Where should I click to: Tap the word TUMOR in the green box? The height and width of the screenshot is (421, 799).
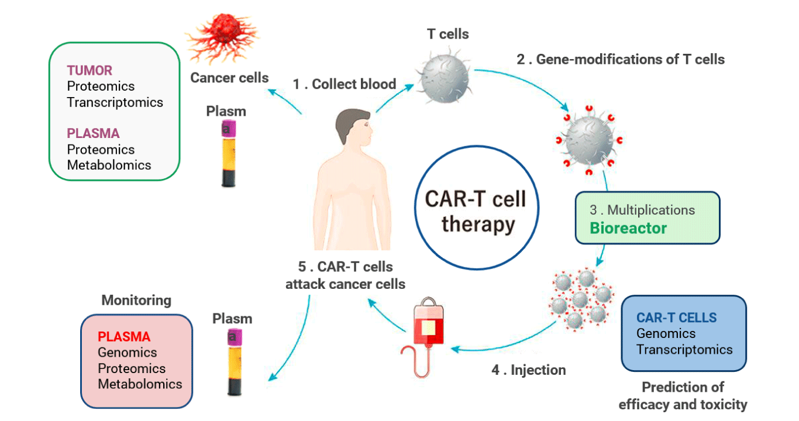[89, 71]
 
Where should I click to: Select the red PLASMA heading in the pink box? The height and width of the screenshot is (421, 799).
[124, 337]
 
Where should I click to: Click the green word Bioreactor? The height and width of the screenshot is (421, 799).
[628, 228]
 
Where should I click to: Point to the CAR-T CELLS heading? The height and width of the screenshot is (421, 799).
[676, 318]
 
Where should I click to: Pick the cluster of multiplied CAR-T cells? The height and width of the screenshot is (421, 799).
[580, 299]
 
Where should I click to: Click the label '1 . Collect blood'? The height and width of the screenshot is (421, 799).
[345, 84]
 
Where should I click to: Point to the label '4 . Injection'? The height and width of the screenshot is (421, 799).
[529, 370]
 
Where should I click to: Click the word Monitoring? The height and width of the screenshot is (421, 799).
[136, 301]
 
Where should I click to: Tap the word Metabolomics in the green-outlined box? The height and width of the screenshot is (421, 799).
[109, 165]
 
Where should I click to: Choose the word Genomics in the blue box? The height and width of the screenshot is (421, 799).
[666, 334]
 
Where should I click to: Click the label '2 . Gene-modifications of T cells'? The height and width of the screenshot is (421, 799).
[620, 59]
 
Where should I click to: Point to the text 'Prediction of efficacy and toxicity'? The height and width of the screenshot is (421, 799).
[683, 395]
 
